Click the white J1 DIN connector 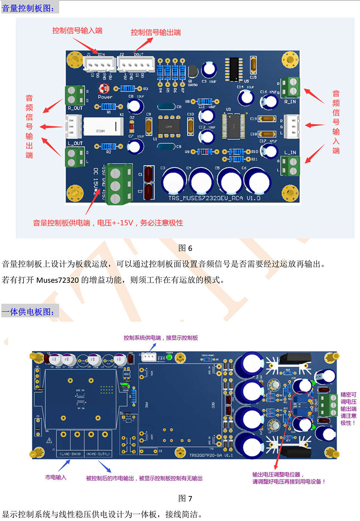coord(100,64)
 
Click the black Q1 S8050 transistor coord(192,72)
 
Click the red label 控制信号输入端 coord(77,31)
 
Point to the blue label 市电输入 coord(56,477)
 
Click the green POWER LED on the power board coord(169,357)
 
